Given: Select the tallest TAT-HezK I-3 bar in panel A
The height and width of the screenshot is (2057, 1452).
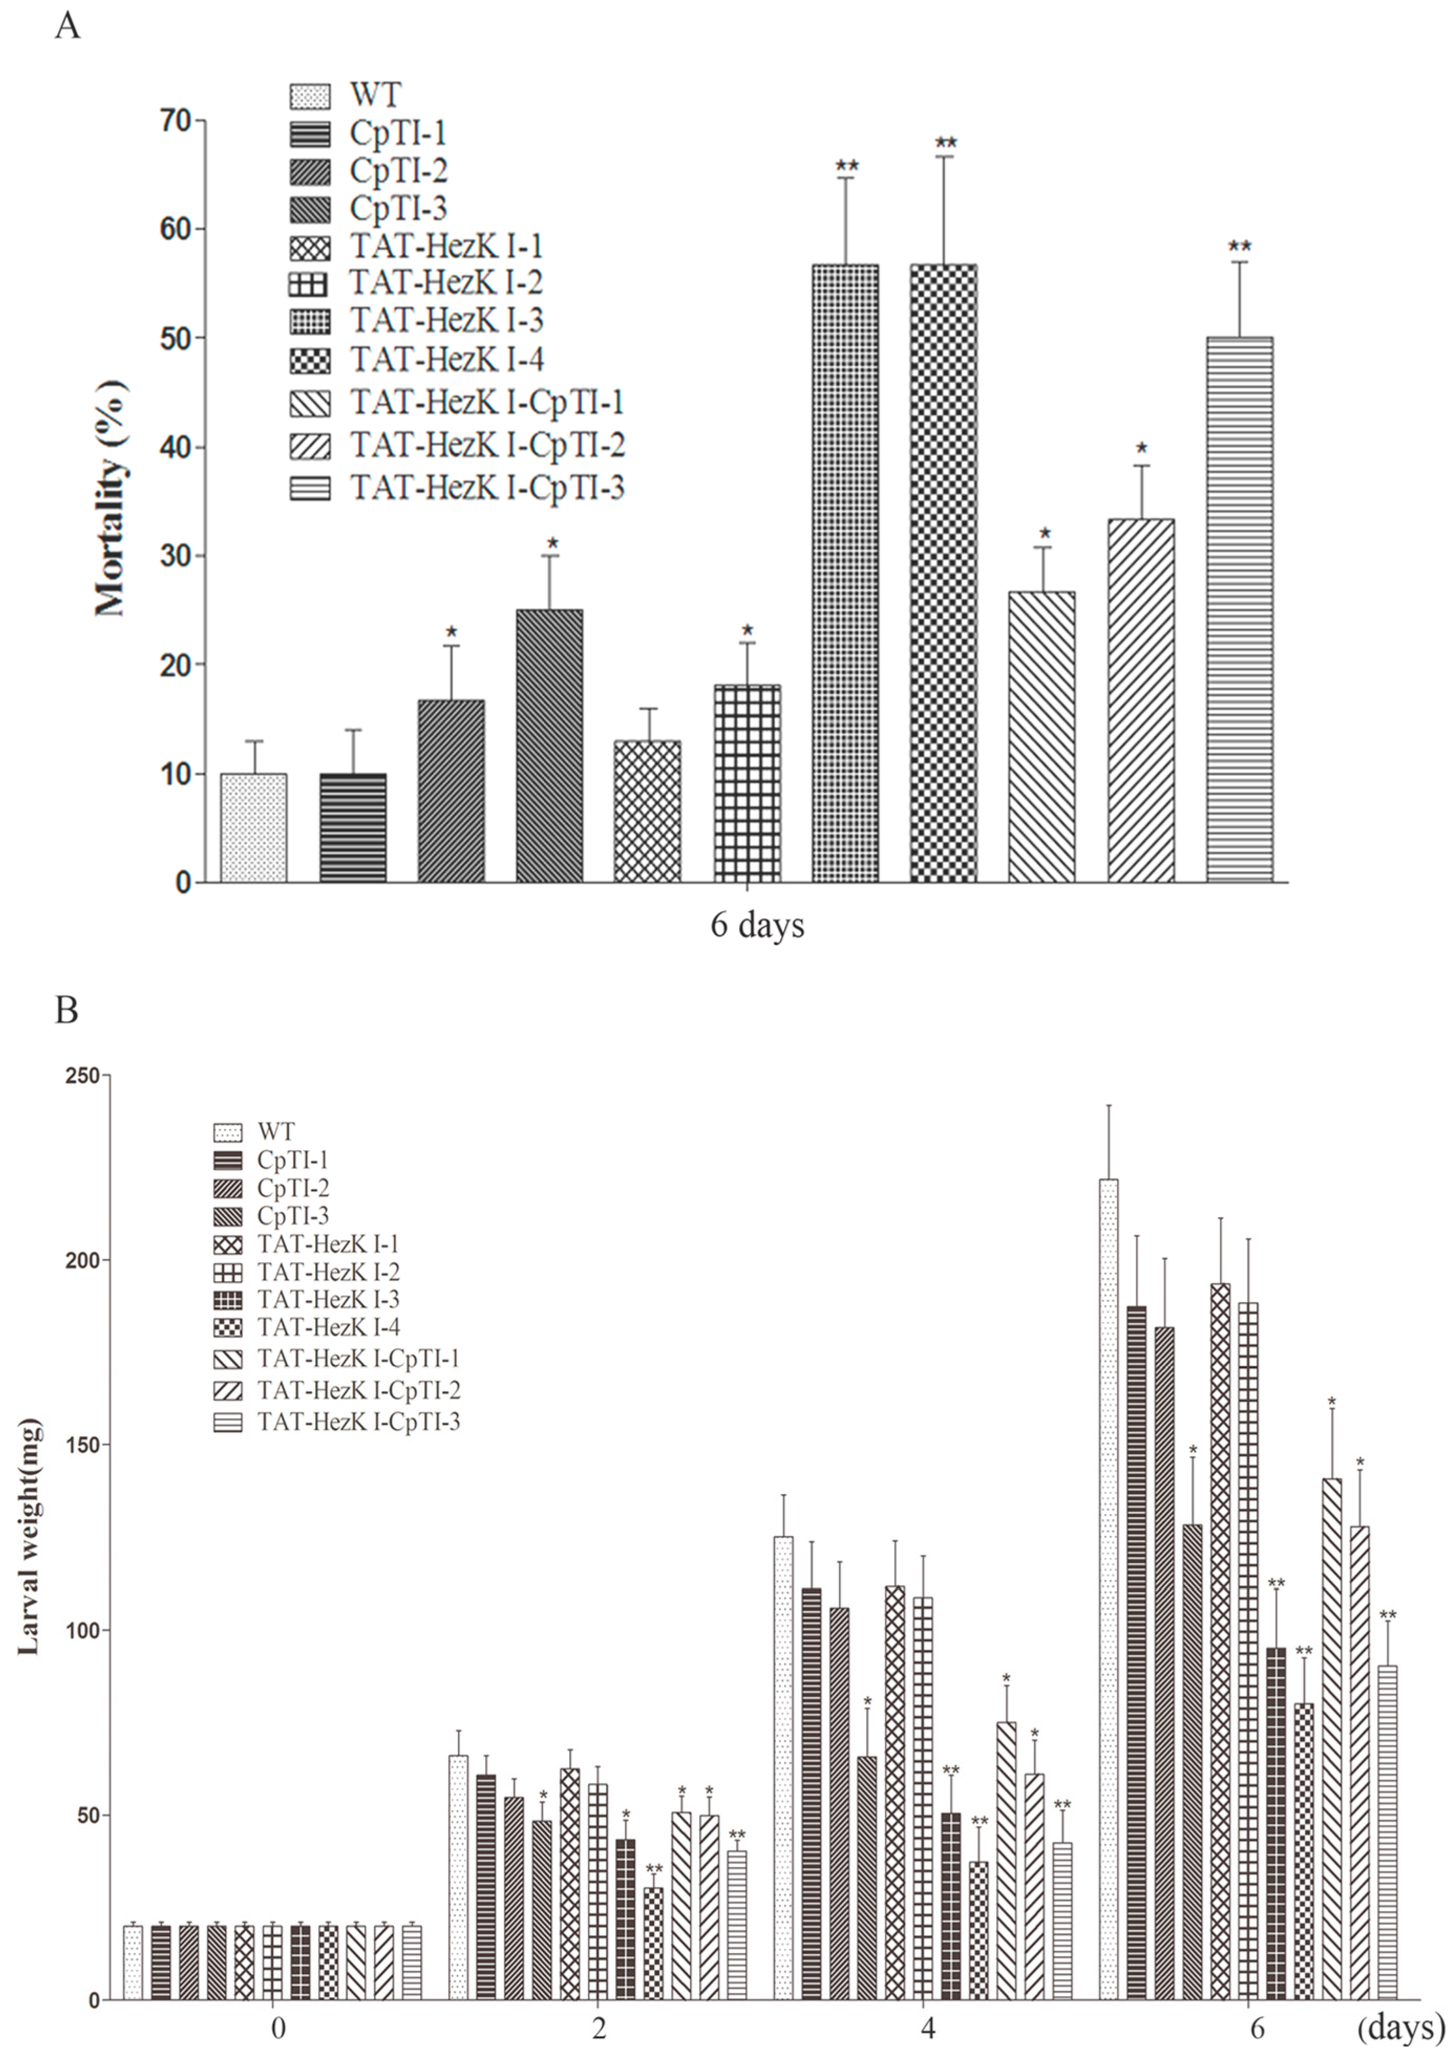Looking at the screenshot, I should tap(845, 573).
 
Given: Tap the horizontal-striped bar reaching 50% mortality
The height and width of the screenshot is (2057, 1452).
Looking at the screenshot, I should tap(1240, 609).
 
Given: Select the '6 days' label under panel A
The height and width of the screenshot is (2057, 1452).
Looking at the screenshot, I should tap(757, 925).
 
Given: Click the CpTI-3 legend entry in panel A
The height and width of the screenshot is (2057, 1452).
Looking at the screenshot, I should tap(398, 208).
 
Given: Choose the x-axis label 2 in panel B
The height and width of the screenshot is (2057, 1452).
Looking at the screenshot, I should tap(599, 2027).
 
